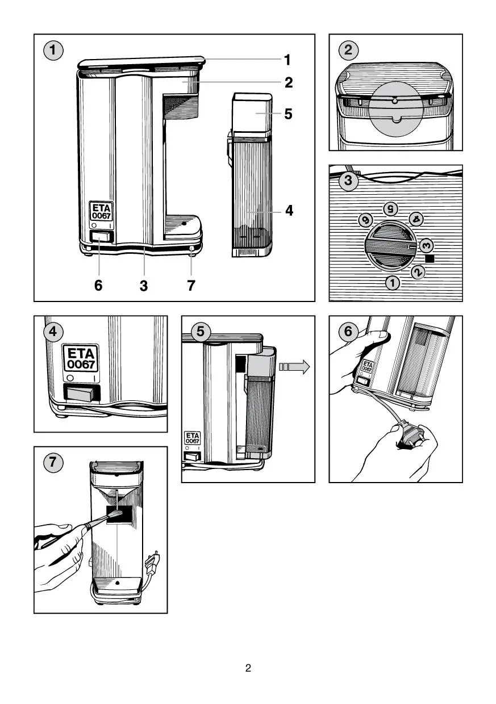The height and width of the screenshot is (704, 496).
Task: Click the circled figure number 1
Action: pyautogui.click(x=54, y=51)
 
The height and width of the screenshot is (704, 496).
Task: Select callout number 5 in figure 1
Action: pyautogui.click(x=289, y=114)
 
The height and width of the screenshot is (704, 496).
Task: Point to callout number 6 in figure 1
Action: pyautogui.click(x=98, y=286)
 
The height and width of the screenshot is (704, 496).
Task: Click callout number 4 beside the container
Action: pyautogui.click(x=289, y=211)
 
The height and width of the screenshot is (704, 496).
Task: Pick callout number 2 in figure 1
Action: pyautogui.click(x=289, y=83)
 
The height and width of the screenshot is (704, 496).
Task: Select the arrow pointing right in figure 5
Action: pyautogui.click(x=294, y=367)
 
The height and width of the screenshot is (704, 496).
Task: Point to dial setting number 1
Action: pyautogui.click(x=393, y=281)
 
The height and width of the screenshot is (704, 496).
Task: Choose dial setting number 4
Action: pyautogui.click(x=416, y=219)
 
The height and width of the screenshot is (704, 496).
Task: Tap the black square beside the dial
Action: pyautogui.click(x=430, y=258)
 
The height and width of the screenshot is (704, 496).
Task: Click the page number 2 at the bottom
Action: pyautogui.click(x=248, y=668)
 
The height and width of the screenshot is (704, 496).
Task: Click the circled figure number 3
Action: pyautogui.click(x=348, y=181)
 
